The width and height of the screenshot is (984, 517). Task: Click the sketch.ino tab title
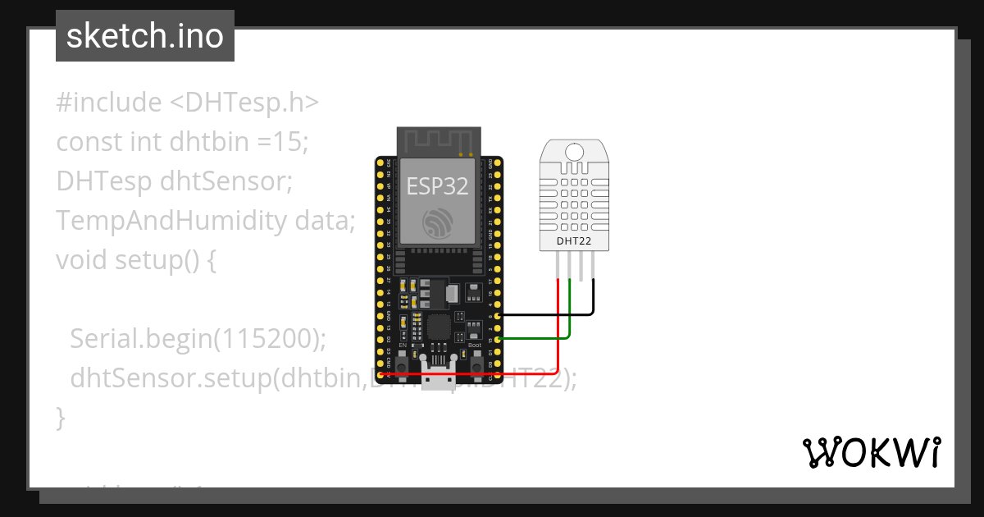(144, 36)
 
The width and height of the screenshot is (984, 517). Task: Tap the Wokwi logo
(871, 452)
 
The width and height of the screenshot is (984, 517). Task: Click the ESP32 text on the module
(438, 186)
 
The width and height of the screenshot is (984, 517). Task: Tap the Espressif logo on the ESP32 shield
(438, 223)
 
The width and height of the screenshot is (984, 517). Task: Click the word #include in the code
(109, 103)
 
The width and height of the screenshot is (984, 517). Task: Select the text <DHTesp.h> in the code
(244, 103)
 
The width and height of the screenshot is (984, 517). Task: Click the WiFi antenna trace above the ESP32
(438, 140)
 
